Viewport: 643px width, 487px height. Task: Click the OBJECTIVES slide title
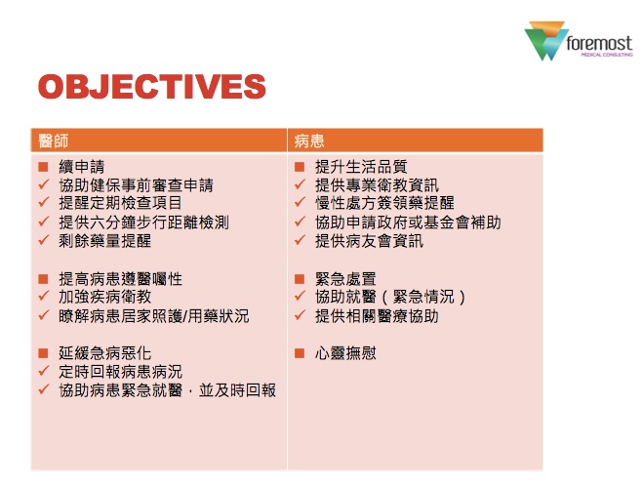pos(152,87)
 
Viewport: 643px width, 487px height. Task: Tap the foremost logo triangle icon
pos(545,41)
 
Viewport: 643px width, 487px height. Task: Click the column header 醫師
pos(54,141)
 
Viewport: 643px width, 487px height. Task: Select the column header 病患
pos(309,141)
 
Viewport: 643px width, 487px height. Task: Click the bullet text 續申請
pos(82,167)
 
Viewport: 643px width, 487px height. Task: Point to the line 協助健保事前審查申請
pos(136,185)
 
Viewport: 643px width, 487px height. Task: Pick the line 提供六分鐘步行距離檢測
pos(143,222)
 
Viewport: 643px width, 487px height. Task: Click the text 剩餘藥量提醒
pos(105,241)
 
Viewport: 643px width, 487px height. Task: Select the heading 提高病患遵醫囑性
pos(120,279)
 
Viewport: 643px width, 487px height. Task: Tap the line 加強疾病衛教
pos(105,297)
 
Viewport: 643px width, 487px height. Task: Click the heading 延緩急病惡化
pos(105,353)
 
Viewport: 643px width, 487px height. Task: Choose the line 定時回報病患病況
pos(120,372)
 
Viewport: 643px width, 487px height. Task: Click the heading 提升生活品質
pos(361,167)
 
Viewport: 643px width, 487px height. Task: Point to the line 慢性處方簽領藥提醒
pos(384,203)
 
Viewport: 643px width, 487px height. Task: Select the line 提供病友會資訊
pos(369,241)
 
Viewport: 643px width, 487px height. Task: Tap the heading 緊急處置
pos(345,279)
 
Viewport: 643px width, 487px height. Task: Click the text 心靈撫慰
pos(345,353)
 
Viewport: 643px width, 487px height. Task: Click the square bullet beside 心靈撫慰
pos(300,353)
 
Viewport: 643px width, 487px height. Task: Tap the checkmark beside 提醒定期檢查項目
pos(44,202)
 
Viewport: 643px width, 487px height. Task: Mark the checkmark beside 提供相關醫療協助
pos(300,315)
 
